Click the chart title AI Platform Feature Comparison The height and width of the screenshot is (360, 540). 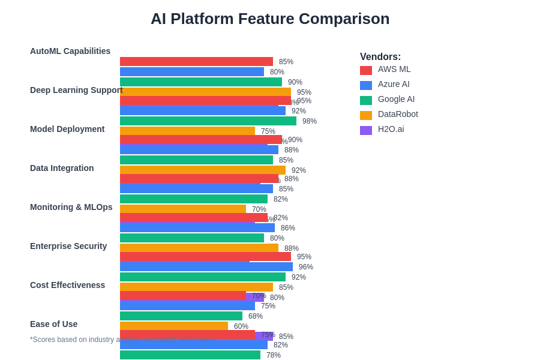click(x=270, y=19)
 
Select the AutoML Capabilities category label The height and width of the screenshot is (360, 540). click(x=70, y=51)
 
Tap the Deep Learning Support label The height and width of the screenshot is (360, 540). click(x=76, y=90)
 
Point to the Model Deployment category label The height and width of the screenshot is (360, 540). click(x=67, y=129)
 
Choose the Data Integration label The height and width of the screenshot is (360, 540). click(x=62, y=168)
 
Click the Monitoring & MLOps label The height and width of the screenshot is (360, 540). click(x=71, y=207)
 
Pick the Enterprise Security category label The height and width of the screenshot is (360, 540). click(x=68, y=246)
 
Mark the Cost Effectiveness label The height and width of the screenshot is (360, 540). click(x=67, y=285)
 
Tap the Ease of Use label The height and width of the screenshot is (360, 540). click(x=53, y=324)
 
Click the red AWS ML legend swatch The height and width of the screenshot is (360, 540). click(x=366, y=70)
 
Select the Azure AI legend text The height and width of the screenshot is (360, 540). click(x=394, y=84)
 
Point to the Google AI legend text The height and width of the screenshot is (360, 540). click(x=396, y=99)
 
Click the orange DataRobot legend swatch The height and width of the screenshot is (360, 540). click(x=366, y=115)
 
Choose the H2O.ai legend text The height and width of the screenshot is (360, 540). click(x=391, y=129)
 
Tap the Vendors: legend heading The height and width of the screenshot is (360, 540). click(x=380, y=56)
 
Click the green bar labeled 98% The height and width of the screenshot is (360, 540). click(x=208, y=121)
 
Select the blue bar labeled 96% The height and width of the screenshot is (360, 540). click(x=206, y=267)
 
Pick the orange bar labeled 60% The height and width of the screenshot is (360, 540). click(x=174, y=326)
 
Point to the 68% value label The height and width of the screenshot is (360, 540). click(x=256, y=316)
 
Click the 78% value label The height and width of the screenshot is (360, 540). click(x=274, y=355)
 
